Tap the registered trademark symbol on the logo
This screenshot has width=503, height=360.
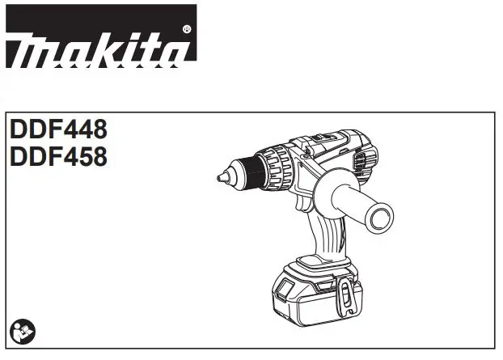188,28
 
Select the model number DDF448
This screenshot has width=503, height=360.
57,129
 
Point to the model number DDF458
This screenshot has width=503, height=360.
57,155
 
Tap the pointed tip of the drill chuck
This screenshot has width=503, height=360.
218,176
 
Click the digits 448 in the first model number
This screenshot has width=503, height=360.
84,129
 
